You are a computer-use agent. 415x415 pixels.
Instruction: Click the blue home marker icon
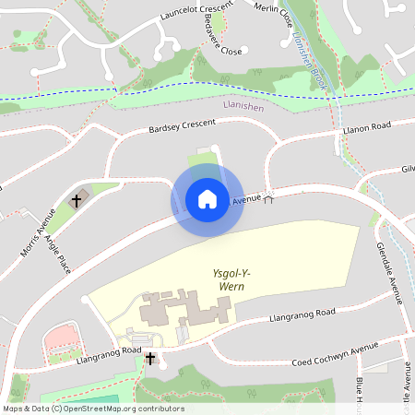click(x=207, y=199)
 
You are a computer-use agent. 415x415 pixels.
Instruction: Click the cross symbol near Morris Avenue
click(x=76, y=199)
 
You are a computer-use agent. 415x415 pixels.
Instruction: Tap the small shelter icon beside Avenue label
click(x=270, y=196)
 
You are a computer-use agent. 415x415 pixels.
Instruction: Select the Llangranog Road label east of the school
click(x=302, y=316)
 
